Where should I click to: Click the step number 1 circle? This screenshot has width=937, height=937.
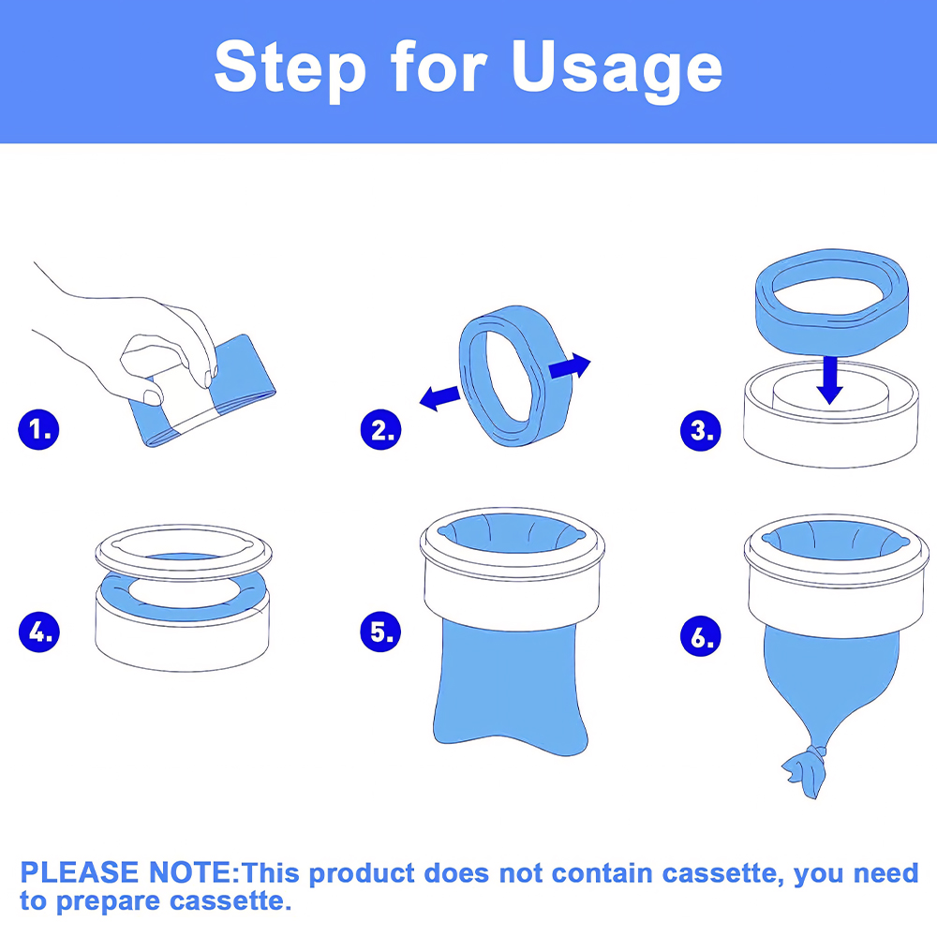[38, 430]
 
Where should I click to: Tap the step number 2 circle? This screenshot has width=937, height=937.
[380, 430]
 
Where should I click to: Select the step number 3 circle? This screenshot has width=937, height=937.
[701, 431]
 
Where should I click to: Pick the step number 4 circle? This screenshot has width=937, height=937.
[38, 632]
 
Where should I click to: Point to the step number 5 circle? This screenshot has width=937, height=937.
[380, 632]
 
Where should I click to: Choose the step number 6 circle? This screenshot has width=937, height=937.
[701, 636]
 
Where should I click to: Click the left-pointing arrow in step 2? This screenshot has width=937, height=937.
[439, 398]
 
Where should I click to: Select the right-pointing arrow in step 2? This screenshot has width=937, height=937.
[570, 365]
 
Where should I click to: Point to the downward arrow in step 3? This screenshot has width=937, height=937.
[829, 380]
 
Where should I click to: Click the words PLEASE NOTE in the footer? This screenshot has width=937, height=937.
[129, 872]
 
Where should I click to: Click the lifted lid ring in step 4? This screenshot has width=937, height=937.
[184, 552]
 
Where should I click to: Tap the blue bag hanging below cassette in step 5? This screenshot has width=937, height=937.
[510, 687]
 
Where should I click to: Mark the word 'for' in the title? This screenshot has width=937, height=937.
[439, 67]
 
